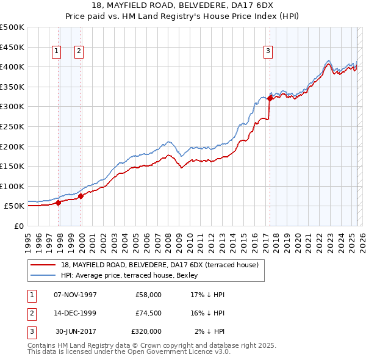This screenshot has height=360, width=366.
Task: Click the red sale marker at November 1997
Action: (59, 203)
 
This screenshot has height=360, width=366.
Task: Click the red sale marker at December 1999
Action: (81, 196)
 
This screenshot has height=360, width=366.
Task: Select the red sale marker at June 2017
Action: (270, 98)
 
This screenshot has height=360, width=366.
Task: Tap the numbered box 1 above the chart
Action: (56, 52)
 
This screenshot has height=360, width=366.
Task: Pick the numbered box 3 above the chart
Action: (268, 52)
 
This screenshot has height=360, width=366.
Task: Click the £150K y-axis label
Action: (12, 166)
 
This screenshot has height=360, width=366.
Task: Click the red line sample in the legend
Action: (43, 265)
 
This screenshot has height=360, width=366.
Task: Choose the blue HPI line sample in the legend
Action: (43, 275)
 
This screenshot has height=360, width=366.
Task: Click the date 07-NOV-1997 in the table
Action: (76, 295)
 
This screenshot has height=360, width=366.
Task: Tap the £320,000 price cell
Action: (146, 331)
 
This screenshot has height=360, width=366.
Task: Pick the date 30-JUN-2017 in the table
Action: (76, 331)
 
